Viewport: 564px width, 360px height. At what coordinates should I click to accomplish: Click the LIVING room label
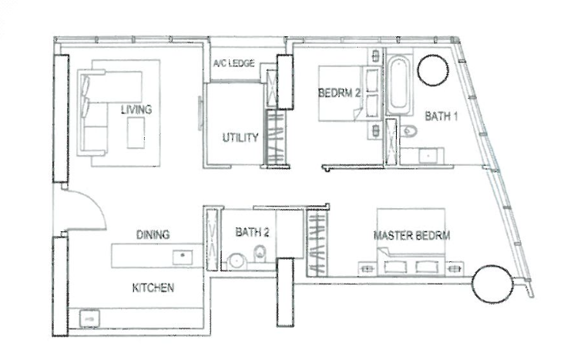136,109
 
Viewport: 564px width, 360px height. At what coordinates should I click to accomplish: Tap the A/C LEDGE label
233,63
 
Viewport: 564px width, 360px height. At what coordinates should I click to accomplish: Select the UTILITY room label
240,137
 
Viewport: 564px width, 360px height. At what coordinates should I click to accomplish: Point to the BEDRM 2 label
339,93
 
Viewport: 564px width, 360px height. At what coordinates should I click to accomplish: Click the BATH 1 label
441,116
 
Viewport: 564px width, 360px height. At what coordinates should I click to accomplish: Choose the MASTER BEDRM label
412,235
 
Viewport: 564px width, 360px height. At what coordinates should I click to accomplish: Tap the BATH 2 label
252,232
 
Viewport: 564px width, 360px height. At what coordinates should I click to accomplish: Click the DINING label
153,234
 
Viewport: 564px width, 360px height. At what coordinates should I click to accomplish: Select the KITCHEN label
153,288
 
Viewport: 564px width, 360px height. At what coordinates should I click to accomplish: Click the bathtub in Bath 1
399,85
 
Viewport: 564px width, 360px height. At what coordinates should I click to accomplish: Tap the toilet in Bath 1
409,131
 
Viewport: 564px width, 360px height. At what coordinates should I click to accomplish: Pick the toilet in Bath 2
260,254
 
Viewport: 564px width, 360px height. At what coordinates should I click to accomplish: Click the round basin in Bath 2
237,261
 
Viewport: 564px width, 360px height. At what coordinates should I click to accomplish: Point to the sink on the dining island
183,257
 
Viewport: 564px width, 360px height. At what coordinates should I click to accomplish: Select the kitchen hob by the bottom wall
89,318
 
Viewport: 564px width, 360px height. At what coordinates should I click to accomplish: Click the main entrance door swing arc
94,204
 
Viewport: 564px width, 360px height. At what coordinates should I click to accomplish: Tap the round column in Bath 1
433,70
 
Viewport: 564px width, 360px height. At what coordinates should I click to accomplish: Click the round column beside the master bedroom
492,284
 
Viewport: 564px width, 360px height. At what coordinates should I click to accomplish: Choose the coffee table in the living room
136,133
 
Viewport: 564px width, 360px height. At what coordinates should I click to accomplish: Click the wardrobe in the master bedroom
317,243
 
